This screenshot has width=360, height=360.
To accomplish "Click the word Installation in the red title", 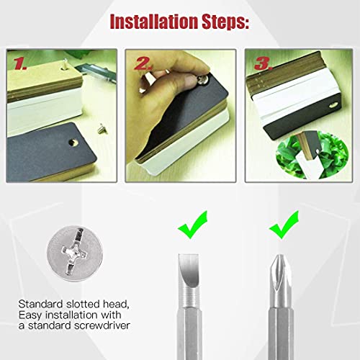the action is pos(154,22).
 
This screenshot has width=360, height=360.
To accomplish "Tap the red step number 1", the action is pos(19,64).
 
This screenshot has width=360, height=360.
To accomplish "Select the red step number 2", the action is pos(143,63).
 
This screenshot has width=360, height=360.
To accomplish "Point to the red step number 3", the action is pos(264,63).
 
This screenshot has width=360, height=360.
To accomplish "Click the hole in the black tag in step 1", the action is pos(73,142).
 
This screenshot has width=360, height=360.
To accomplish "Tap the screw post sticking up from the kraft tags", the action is pos(65,64).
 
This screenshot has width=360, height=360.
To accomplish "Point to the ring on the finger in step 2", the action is pos(148,78).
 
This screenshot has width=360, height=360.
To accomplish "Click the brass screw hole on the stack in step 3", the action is pos(333,105).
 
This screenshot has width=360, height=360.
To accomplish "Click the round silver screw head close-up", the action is pos(75,253).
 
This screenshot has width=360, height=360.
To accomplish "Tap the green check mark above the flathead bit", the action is pos(192,225).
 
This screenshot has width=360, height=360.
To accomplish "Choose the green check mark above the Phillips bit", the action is pos(284,225).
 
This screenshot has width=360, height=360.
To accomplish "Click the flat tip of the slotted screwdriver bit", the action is pos(189,255).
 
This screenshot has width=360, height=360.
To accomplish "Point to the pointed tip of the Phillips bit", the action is pos(279,256).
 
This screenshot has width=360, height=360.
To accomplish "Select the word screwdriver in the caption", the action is pos(102,325).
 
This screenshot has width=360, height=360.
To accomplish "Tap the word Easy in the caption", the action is pos(30,315).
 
